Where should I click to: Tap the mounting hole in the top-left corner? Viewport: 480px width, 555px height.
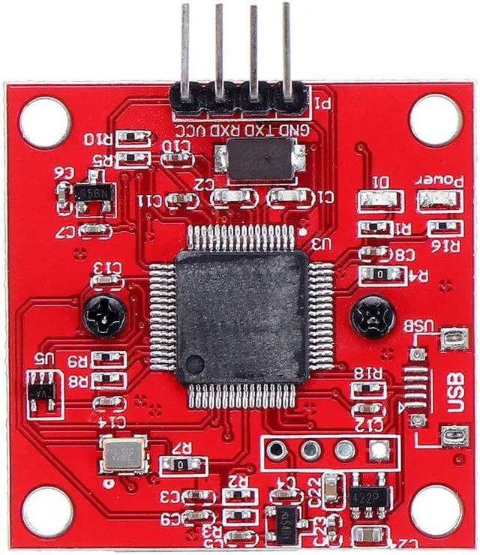pos(45,121)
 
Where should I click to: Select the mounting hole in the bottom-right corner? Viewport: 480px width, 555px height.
pos(435,510)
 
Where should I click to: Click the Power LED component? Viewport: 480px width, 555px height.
pos(436,201)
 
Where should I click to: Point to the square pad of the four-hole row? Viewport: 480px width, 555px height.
pos(379,450)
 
